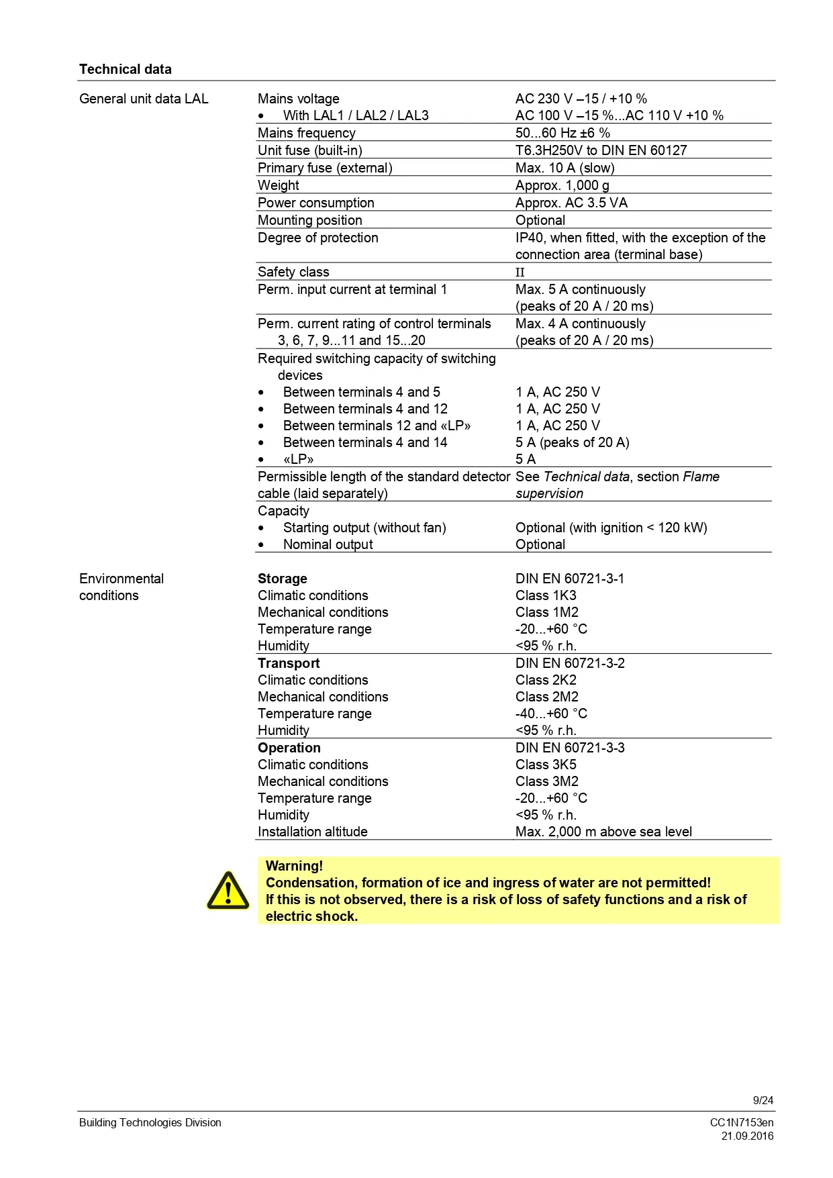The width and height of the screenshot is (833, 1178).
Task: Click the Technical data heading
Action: point(126,69)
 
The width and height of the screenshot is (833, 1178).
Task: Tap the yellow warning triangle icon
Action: point(228,891)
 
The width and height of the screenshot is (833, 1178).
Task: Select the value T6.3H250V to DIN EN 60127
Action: point(601,150)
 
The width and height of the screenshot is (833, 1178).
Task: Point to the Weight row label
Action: point(279,185)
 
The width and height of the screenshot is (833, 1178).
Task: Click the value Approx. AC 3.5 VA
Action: point(571,203)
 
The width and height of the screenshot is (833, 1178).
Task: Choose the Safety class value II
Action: point(520,273)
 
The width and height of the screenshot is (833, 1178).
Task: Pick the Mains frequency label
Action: point(307,133)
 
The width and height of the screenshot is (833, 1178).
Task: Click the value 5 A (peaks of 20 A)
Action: point(572,442)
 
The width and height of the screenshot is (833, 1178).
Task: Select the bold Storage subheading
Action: point(283,579)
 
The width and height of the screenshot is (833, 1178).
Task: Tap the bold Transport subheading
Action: point(289,663)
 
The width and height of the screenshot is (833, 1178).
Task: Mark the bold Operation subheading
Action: point(289,748)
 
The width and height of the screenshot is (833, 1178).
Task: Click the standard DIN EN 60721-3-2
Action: point(570,663)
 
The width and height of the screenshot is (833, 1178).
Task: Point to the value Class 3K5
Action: point(546,765)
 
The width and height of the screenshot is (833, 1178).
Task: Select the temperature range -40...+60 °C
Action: point(551,714)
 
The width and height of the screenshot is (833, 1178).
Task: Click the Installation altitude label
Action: point(313,832)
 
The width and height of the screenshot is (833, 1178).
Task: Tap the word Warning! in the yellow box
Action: point(294,866)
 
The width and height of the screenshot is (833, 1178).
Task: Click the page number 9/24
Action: point(763,1100)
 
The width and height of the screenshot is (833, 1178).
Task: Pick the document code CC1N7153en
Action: point(742,1122)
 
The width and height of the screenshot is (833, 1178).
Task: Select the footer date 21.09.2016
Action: point(747,1136)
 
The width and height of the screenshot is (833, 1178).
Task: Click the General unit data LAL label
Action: point(144,99)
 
